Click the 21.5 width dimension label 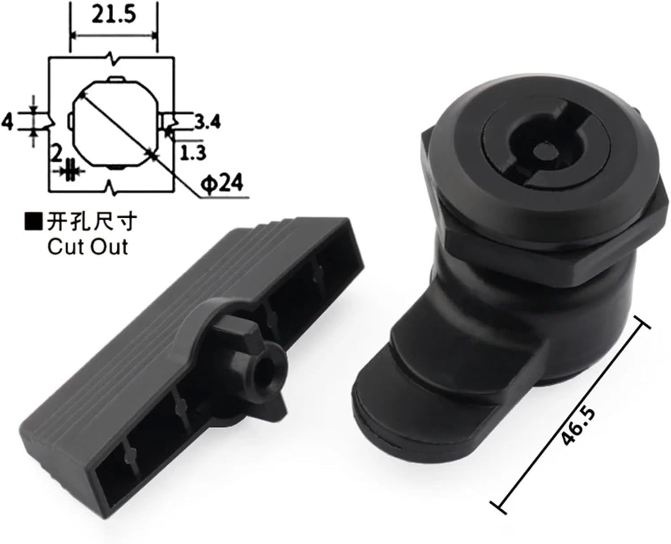pyautogui.click(x=114, y=15)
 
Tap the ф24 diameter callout pyautogui.click(x=222, y=183)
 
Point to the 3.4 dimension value pyautogui.click(x=207, y=122)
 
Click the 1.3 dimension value pyautogui.click(x=192, y=153)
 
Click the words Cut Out pyautogui.click(x=88, y=246)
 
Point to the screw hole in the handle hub pyautogui.click(x=268, y=362)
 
